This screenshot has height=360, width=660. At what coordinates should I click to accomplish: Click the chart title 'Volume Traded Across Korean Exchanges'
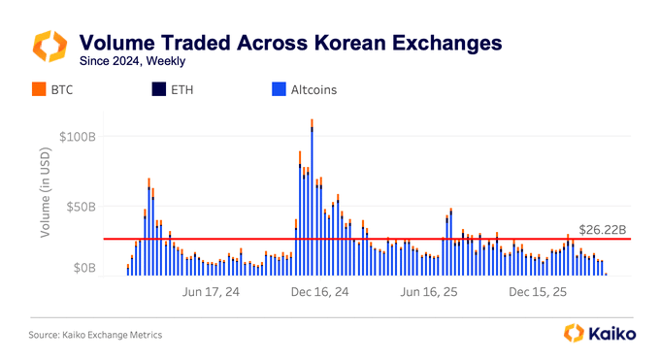coord(290,43)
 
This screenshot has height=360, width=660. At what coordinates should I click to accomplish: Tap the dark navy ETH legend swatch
coord(156,90)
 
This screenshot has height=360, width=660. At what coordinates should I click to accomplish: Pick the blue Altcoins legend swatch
coord(278,90)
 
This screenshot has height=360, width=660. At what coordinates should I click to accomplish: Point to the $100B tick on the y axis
coord(78,136)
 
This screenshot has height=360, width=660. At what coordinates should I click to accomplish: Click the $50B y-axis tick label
coord(81,207)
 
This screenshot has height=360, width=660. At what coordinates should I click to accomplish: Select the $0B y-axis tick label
coord(84,268)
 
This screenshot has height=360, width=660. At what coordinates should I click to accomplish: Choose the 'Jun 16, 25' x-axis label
coord(428,291)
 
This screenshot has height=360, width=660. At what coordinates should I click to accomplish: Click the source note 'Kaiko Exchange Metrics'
coord(95,335)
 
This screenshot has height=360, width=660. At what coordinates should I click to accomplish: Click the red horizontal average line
coord(388,239)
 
